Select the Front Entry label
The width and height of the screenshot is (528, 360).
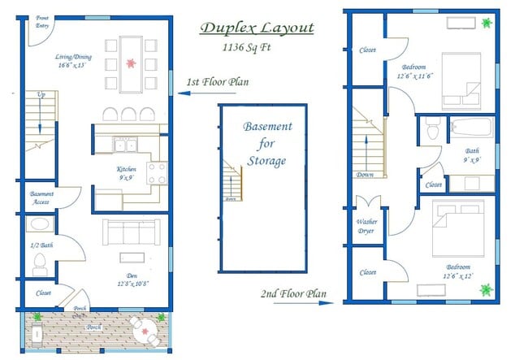pyautogui.click(x=41, y=21)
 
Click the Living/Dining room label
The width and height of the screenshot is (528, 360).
pyautogui.click(x=73, y=60)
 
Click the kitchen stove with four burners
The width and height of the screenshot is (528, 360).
pyautogui.click(x=157, y=172)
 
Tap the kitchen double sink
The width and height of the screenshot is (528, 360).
pyautogui.click(x=126, y=146)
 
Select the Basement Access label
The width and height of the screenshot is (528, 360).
pyautogui.click(x=42, y=197)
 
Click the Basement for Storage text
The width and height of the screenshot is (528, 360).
pyautogui.click(x=268, y=144)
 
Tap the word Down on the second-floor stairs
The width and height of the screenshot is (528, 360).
pyautogui.click(x=364, y=175)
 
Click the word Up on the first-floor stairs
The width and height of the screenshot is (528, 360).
pyautogui.click(x=41, y=95)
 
